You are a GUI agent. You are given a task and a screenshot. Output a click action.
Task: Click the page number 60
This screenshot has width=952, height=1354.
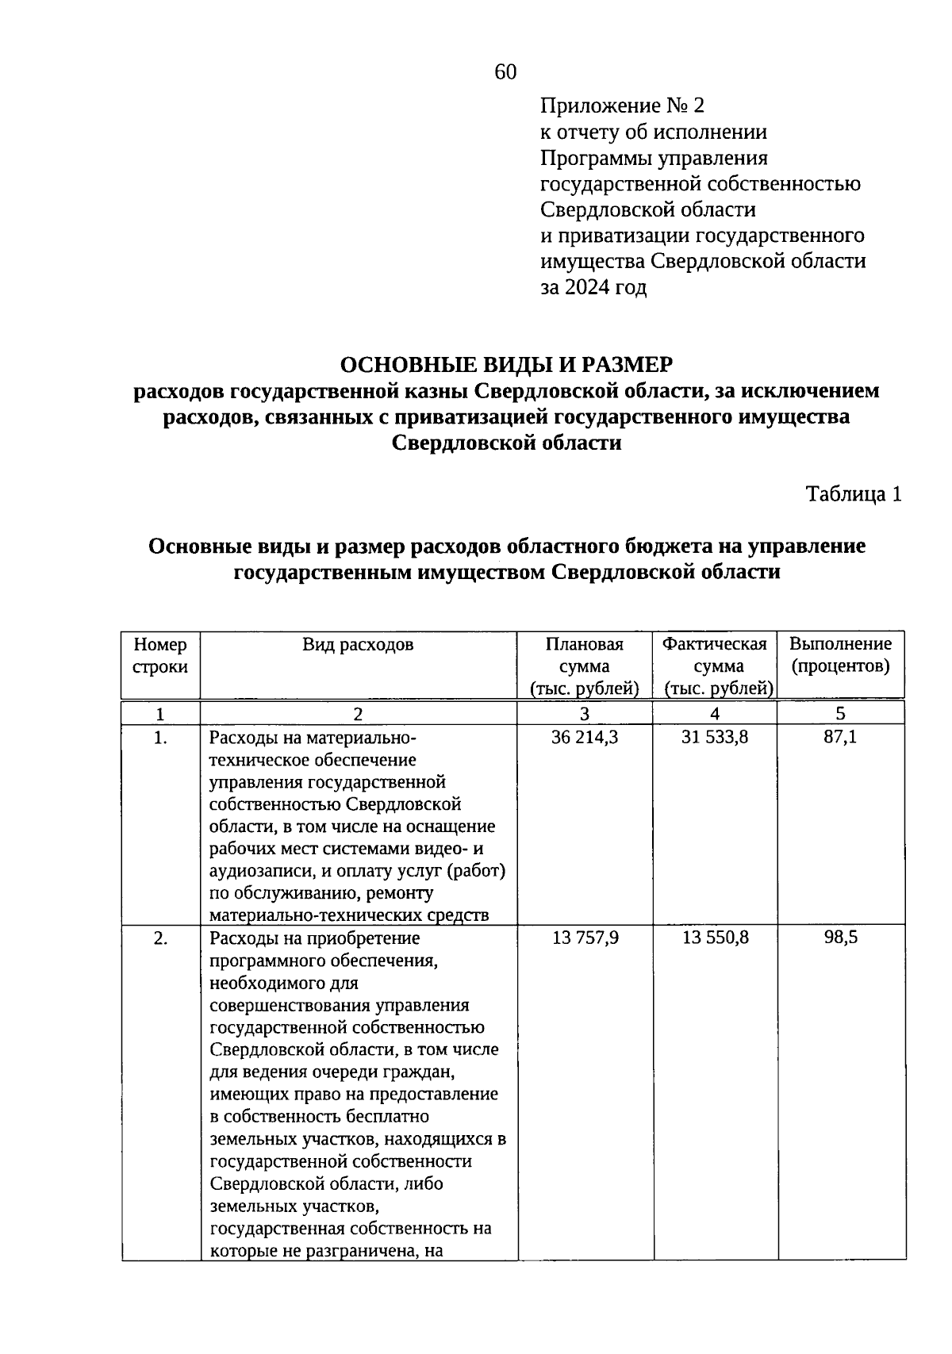[505, 72]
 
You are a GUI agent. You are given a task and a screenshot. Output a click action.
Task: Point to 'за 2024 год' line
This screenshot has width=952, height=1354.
[593, 287]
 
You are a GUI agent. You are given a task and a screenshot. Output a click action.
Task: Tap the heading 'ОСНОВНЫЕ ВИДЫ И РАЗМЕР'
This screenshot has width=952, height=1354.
[506, 365]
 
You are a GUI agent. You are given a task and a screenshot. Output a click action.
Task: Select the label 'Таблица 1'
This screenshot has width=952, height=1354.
[854, 494]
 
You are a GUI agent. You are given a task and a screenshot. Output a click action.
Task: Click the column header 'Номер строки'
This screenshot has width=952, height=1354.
[160, 655]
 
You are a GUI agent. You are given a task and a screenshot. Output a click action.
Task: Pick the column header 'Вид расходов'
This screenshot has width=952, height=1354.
[358, 644]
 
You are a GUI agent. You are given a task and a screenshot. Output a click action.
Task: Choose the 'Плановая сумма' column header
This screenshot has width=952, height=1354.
[585, 666]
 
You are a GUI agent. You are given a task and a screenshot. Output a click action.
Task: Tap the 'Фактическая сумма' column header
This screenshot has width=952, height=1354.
[715, 666]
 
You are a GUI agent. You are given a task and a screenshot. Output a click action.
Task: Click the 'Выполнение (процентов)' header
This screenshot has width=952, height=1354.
[840, 655]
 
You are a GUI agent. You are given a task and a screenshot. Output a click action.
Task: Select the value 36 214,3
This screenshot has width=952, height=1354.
[585, 738]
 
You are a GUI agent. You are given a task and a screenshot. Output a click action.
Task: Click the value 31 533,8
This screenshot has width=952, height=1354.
[715, 738]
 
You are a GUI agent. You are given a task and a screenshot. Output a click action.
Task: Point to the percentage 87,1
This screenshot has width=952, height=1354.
[840, 738]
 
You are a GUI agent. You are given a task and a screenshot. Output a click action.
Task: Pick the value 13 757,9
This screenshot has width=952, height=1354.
[585, 938]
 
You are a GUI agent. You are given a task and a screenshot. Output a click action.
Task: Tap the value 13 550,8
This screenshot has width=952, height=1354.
[715, 938]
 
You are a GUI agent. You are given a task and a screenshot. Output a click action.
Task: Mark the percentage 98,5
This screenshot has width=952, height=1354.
[840, 938]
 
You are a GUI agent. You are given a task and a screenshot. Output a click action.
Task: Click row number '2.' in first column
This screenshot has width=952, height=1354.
[160, 938]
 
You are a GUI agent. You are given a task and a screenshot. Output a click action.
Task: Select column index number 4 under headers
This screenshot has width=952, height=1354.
[715, 713]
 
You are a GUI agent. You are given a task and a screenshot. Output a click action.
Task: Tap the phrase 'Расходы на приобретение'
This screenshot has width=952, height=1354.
[314, 938]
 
